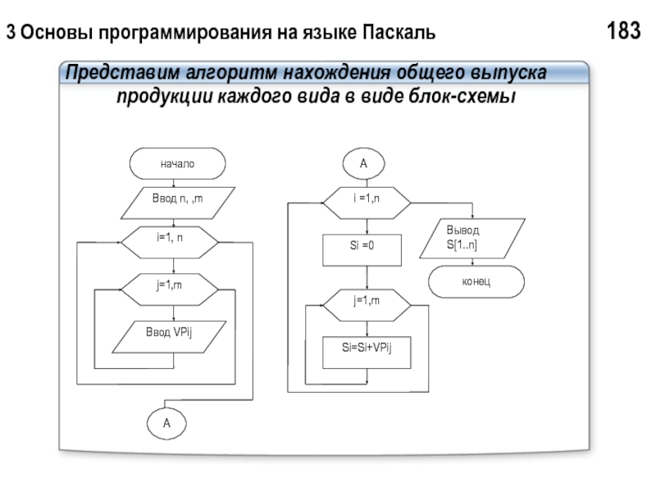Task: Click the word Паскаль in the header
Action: tap(398, 34)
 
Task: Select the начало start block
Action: tap(177, 164)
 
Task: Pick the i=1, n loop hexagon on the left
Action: tap(170, 242)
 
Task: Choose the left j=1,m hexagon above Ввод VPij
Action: tap(170, 288)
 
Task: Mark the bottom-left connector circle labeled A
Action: tap(167, 424)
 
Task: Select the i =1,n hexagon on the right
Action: tap(365, 202)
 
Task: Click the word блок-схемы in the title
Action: tap(463, 97)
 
